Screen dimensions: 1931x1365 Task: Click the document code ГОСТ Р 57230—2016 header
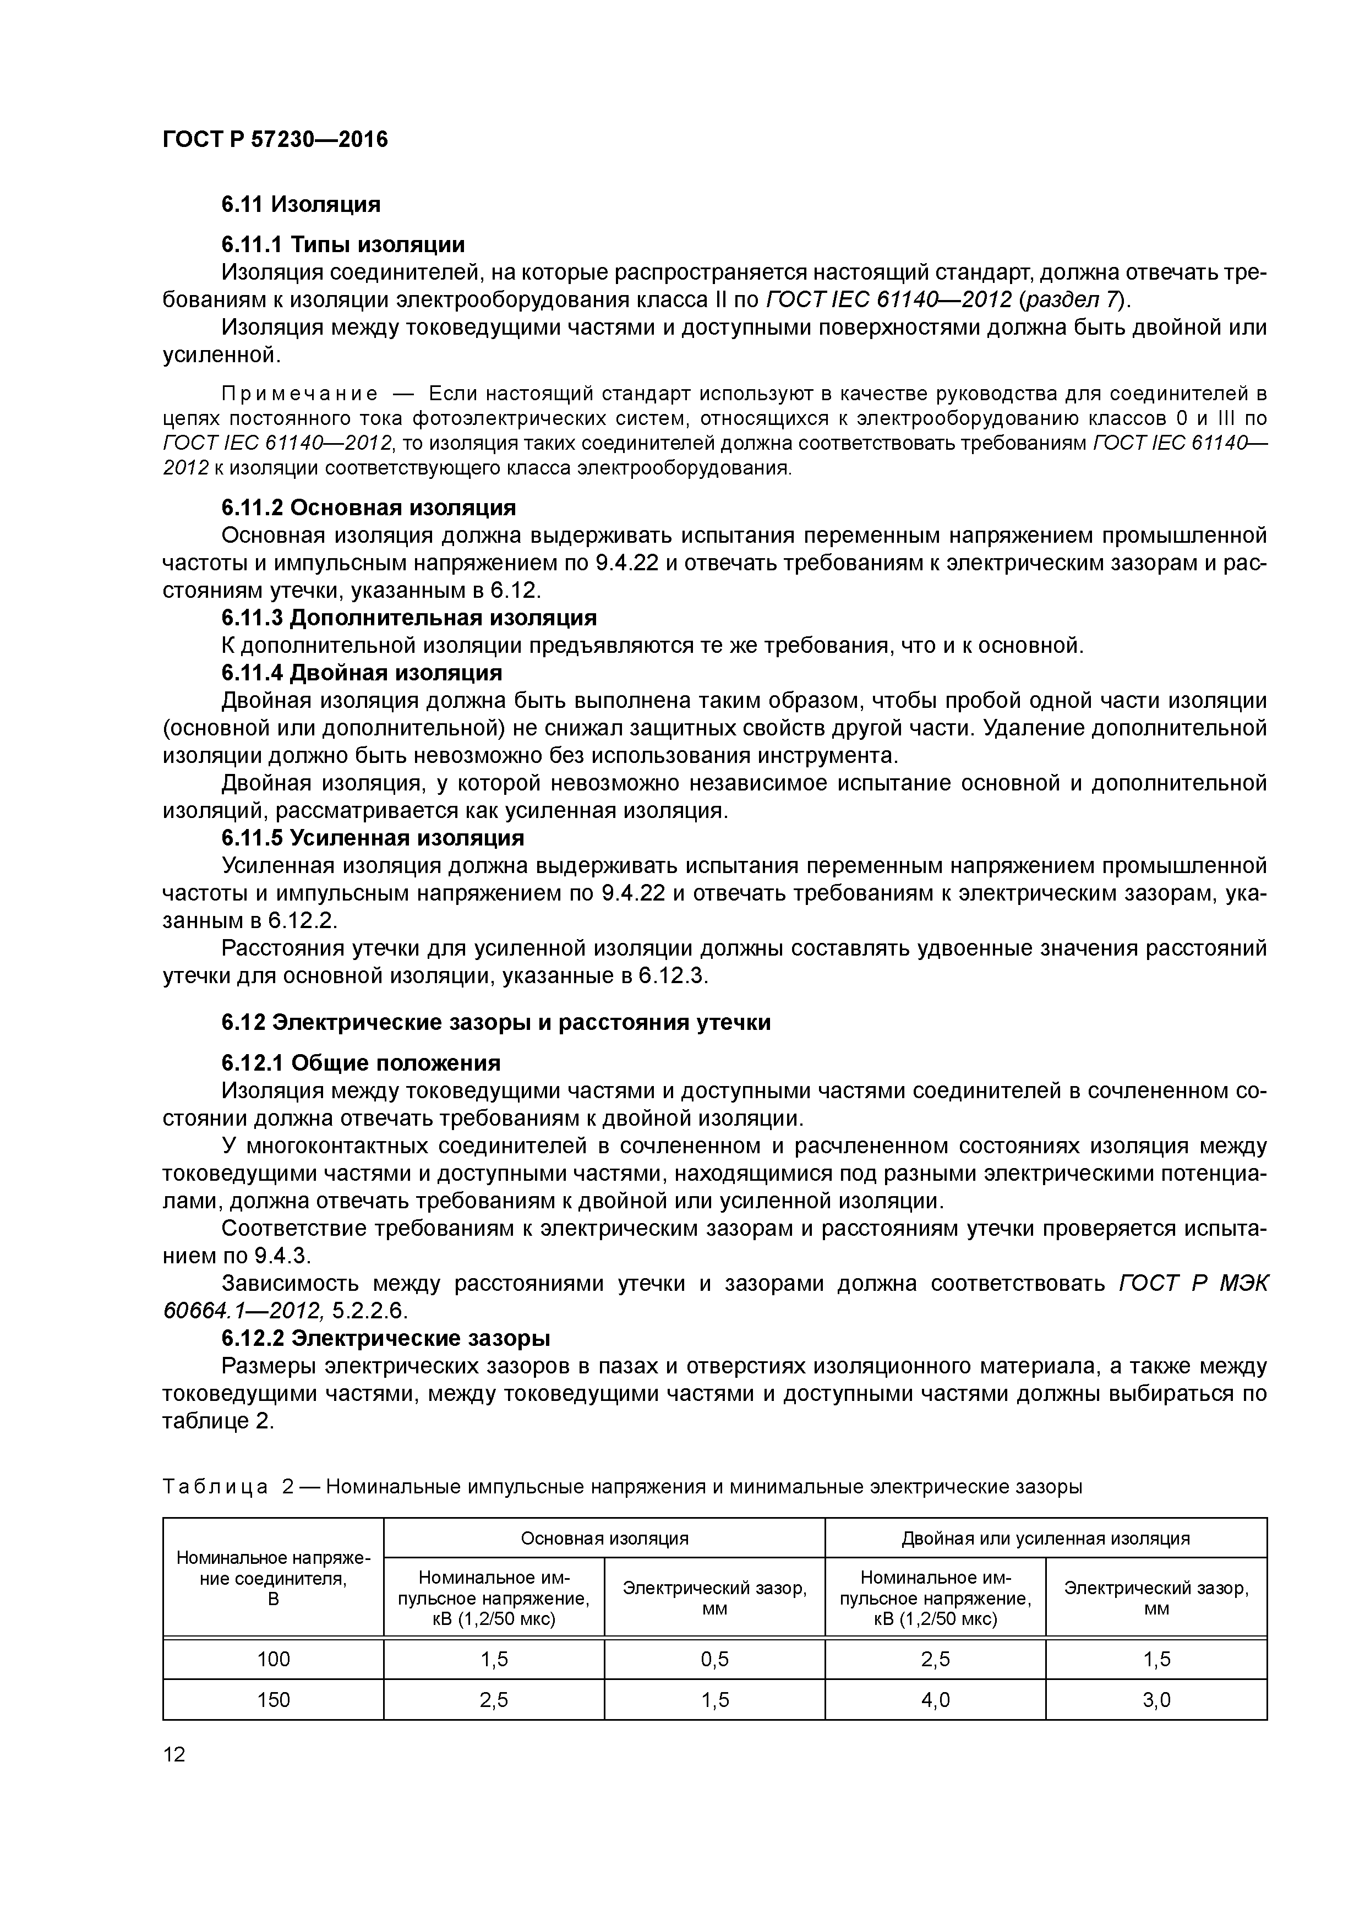pyautogui.click(x=275, y=140)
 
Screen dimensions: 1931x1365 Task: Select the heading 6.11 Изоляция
pyautogui.click(x=301, y=204)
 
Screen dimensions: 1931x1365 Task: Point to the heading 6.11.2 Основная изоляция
pyautogui.click(x=368, y=508)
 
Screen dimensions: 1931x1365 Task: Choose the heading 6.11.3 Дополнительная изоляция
pyautogui.click(x=409, y=618)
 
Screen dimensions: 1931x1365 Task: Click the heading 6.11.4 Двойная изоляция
pyautogui.click(x=362, y=673)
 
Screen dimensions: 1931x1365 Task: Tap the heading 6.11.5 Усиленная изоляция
pyautogui.click(x=373, y=838)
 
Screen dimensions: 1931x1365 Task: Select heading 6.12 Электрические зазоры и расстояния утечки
pyautogui.click(x=495, y=1023)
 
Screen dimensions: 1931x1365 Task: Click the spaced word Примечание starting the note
pyautogui.click(x=298, y=394)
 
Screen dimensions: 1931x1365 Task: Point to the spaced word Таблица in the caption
pyautogui.click(x=215, y=1487)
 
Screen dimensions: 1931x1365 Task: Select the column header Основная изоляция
pyautogui.click(x=604, y=1538)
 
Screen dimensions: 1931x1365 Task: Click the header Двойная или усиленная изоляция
pyautogui.click(x=1045, y=1538)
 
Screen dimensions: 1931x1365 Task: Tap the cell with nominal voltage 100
pyautogui.click(x=274, y=1659)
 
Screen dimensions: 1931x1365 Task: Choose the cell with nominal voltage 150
pyautogui.click(x=274, y=1700)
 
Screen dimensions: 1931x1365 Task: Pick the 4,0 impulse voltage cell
pyautogui.click(x=935, y=1700)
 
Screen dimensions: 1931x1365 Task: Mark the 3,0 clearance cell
pyautogui.click(x=1156, y=1700)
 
